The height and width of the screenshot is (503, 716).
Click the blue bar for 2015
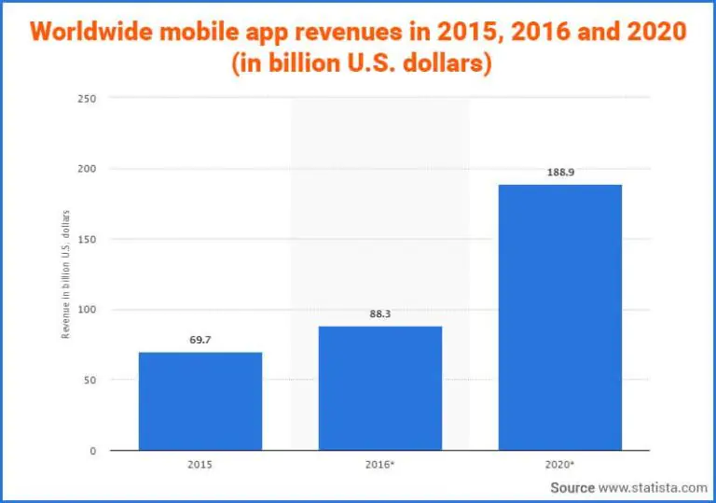200,401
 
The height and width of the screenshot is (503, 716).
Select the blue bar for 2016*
380,388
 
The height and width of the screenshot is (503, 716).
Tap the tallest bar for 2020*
559,317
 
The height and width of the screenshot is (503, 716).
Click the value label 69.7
200,341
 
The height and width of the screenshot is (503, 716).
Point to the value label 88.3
380,314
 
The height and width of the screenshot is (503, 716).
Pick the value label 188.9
560,173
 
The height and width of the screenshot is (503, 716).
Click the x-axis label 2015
200,463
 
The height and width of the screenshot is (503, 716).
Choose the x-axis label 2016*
380,463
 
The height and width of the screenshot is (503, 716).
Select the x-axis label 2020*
560,463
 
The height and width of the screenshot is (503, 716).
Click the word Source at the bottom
571,487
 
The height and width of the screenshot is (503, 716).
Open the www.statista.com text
653,487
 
